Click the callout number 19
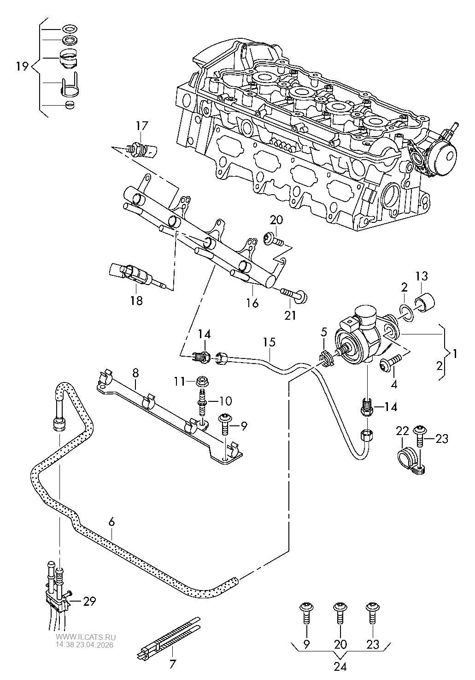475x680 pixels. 22,66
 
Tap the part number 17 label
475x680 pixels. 142,125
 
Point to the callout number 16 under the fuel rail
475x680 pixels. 252,303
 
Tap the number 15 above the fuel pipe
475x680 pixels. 269,342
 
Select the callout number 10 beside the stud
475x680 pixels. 226,400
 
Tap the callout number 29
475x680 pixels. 90,601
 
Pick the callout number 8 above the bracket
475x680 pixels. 135,372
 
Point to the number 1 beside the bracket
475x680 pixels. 455,354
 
